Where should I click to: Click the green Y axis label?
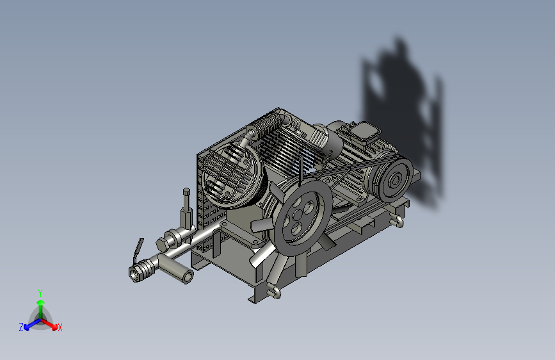(x=40, y=293)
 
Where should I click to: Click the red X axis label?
(x=60, y=328)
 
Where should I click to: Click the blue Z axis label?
(x=21, y=327)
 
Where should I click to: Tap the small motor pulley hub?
(x=395, y=181)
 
